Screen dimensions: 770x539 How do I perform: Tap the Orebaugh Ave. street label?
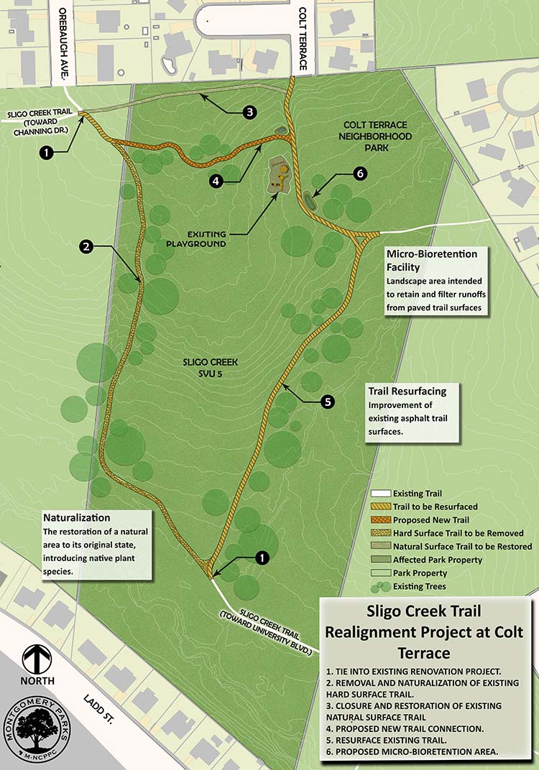point(63,43)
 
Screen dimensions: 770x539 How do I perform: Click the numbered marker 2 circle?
point(86,246)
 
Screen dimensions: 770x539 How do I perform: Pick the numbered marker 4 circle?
point(215,182)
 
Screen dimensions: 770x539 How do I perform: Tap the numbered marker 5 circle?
point(328,402)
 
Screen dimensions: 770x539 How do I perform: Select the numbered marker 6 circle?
point(360,172)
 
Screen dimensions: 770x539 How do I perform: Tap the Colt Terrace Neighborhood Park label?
point(377,136)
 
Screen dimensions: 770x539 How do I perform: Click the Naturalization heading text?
point(76,517)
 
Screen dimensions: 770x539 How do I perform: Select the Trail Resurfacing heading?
point(407,391)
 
